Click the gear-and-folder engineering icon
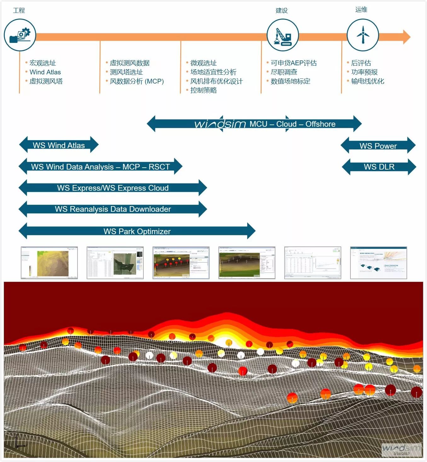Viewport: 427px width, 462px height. click(x=20, y=35)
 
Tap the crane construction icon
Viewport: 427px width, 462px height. click(x=283, y=35)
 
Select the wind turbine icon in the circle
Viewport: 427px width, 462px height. click(x=363, y=35)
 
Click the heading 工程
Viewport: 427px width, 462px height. click(x=19, y=10)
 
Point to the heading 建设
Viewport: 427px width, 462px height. click(x=282, y=10)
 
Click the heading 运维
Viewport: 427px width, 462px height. click(x=361, y=9)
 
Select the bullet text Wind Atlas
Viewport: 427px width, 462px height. click(x=45, y=72)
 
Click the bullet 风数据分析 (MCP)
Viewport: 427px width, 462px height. click(x=137, y=81)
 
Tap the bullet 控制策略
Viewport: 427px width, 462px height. click(x=204, y=90)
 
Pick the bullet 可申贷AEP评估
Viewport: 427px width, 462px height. click(x=294, y=63)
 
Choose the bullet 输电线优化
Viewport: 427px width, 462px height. click(x=368, y=81)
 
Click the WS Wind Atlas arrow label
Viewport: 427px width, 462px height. click(x=59, y=145)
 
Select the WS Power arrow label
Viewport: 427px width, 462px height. click(x=378, y=146)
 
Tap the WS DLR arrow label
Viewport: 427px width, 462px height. click(x=379, y=167)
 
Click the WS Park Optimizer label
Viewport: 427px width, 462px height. click(x=137, y=231)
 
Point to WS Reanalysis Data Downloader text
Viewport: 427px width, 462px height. click(x=113, y=209)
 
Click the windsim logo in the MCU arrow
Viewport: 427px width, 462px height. click(x=220, y=124)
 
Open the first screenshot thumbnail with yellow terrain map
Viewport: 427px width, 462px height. click(x=49, y=263)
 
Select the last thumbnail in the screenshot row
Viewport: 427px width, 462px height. click(x=378, y=263)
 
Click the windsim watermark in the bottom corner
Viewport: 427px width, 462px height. click(x=401, y=449)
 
